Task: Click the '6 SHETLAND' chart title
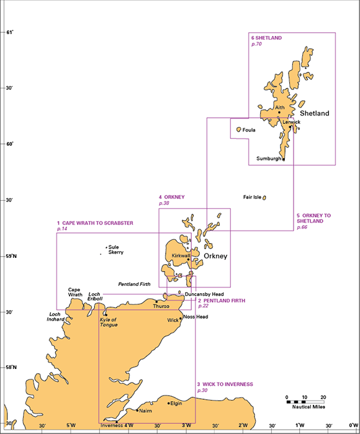[x=267, y=37]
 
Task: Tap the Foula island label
[x=249, y=130]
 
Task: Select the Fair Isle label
[x=252, y=197]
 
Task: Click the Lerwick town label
[x=291, y=122]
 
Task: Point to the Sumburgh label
[x=269, y=159]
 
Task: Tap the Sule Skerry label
[x=116, y=250]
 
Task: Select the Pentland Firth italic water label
[x=134, y=283]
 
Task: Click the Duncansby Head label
[x=204, y=294]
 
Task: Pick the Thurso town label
[x=161, y=306]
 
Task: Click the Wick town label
[x=173, y=321]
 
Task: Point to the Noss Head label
[x=196, y=317]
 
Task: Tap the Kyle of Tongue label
[x=109, y=322]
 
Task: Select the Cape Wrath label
[x=75, y=292]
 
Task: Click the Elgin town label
[x=176, y=404]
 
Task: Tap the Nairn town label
[x=145, y=410]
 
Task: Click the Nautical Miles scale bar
[x=305, y=402]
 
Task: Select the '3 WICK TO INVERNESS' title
[x=225, y=384]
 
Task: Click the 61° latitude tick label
[x=9, y=32]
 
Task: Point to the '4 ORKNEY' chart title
[x=171, y=197]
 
